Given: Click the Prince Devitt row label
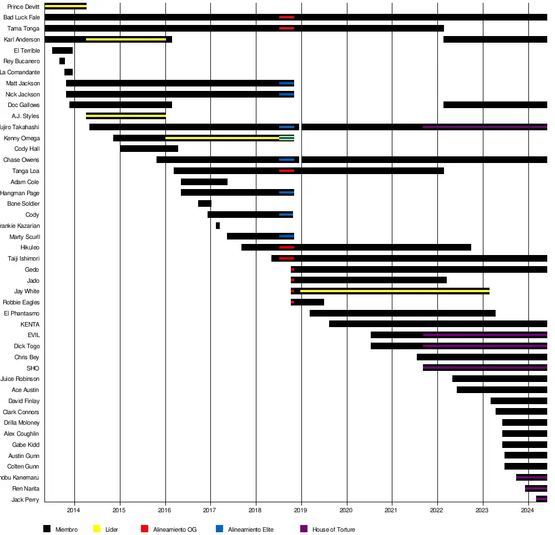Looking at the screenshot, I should click(24, 7).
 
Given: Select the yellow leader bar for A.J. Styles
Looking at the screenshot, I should click(125, 116).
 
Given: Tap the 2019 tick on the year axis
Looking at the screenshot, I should click(301, 509).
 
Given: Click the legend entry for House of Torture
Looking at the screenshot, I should click(334, 529).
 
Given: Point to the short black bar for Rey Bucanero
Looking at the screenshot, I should click(62, 61).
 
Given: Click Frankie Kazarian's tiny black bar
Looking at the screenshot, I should click(218, 226).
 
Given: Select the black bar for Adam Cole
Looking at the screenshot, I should click(204, 182).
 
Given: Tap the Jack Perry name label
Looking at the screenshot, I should click(26, 500).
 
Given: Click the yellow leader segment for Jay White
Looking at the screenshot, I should click(395, 291).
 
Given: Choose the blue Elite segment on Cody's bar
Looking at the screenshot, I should click(286, 215).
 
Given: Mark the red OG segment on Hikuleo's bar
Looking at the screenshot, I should click(286, 247).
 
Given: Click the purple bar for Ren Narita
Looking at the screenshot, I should click(536, 488).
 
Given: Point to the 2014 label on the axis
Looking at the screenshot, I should click(74, 509).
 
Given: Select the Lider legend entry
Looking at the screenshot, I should click(112, 529).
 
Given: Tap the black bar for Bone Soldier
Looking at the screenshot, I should click(204, 203).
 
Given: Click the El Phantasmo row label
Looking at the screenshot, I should click(22, 313).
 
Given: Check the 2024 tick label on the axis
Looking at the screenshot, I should click(528, 509).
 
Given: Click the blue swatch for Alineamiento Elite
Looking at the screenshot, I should click(220, 529).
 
